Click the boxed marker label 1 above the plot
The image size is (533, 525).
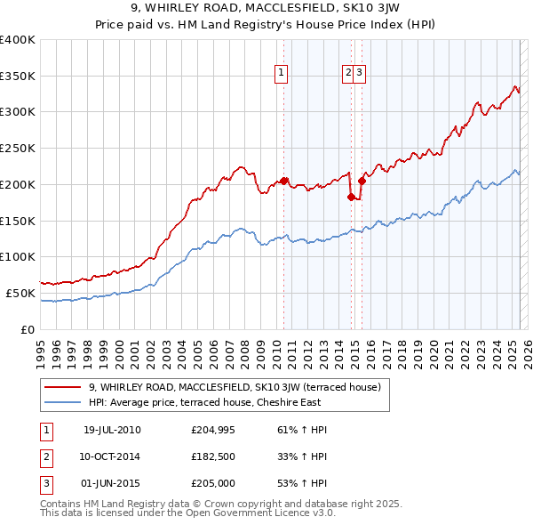pos(281,74)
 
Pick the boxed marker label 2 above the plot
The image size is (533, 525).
pos(348,74)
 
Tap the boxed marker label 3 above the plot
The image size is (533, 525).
pos(360,74)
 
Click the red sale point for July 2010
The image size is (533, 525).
pos(284,181)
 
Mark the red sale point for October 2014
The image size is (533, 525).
pos(351,197)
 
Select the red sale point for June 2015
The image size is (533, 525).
pos(362,181)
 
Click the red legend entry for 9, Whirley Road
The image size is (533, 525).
pos(235,387)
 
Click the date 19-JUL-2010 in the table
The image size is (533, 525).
pos(112,430)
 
